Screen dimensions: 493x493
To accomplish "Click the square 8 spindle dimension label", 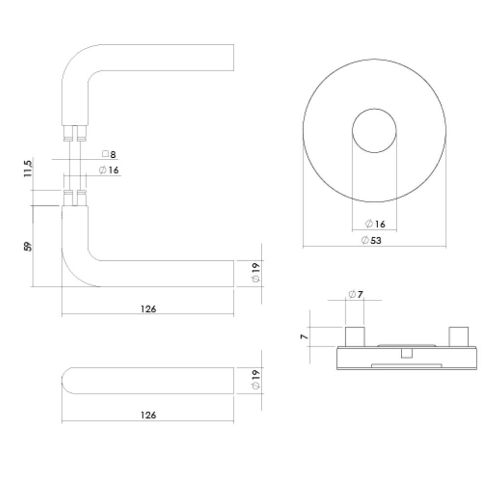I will [x=109, y=155].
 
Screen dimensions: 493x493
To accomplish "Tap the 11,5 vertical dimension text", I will [x=29, y=169].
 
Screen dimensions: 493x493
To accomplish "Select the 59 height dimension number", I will [x=28, y=246].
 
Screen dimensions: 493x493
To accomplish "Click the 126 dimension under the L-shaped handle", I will [x=148, y=309].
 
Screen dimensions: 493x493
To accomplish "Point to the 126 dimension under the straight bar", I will [x=148, y=415].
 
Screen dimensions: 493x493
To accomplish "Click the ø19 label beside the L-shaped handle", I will [x=256, y=273].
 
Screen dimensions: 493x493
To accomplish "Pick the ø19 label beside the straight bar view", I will [x=256, y=380].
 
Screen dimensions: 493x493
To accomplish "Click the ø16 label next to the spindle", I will [x=109, y=170].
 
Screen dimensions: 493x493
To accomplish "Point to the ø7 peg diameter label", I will [x=355, y=295].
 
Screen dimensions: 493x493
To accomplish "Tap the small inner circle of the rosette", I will [x=374, y=130].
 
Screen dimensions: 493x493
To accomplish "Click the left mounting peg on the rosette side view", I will [x=355, y=337].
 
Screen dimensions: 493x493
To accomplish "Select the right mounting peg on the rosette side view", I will [x=458, y=336].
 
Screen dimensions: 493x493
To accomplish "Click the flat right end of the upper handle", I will [x=233, y=57].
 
